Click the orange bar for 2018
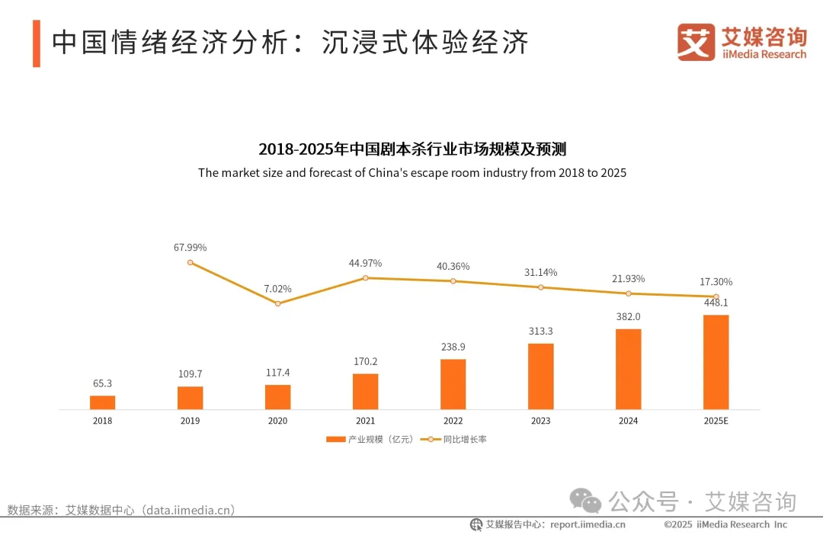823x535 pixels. click(102, 402)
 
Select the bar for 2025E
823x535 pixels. click(716, 362)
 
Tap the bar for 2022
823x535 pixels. click(453, 384)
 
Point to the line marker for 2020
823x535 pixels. click(277, 303)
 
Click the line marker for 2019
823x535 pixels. click(190, 262)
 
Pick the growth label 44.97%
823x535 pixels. click(365, 263)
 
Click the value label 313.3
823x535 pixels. click(540, 332)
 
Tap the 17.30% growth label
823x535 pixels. click(716, 282)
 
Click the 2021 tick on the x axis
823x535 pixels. click(365, 421)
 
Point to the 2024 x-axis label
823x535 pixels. click(628, 421)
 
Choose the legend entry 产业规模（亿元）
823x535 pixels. click(370, 440)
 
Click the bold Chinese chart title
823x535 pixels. click(411, 149)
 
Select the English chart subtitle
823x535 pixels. click(411, 173)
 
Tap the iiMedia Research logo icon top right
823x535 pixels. click(697, 42)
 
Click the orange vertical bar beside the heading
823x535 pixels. click(36, 43)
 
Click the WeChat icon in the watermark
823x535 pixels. click(587, 501)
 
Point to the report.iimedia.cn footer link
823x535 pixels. click(588, 524)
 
